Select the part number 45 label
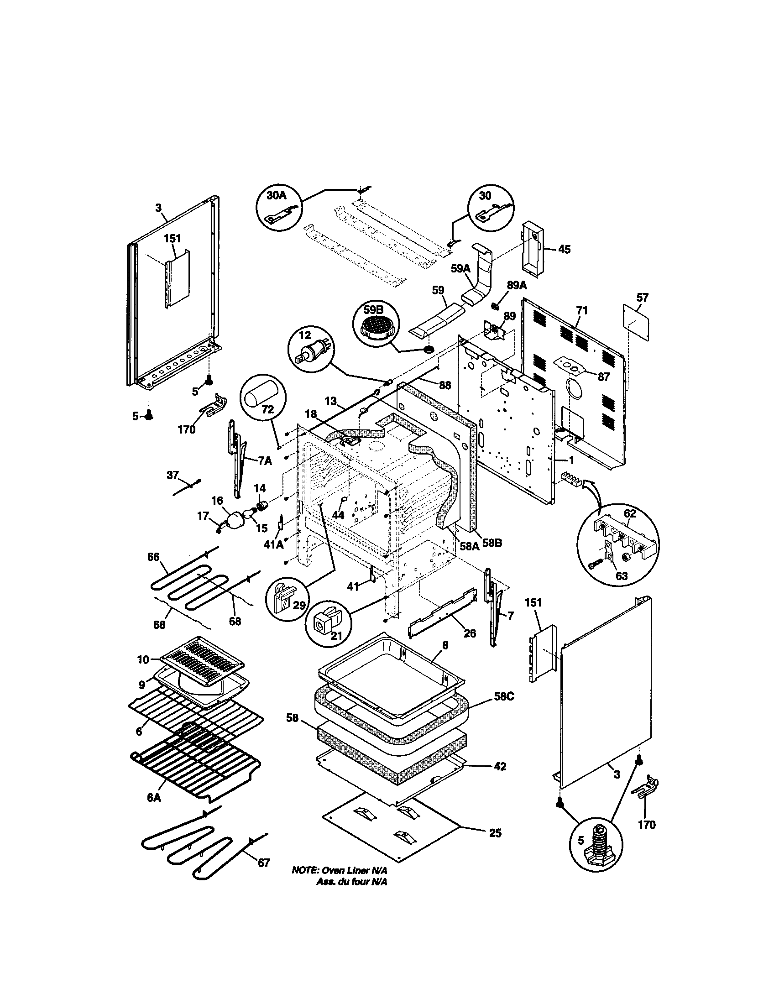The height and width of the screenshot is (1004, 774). point(564,250)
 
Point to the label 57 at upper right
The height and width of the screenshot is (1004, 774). point(642,298)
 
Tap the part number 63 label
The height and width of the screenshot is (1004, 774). point(621,576)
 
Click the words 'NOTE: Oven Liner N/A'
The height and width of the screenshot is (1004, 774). point(340,871)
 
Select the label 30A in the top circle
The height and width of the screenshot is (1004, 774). point(277,195)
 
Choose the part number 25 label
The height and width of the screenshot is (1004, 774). point(495,833)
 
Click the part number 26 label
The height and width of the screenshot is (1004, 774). point(470,633)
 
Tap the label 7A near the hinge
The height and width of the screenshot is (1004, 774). point(264,461)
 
